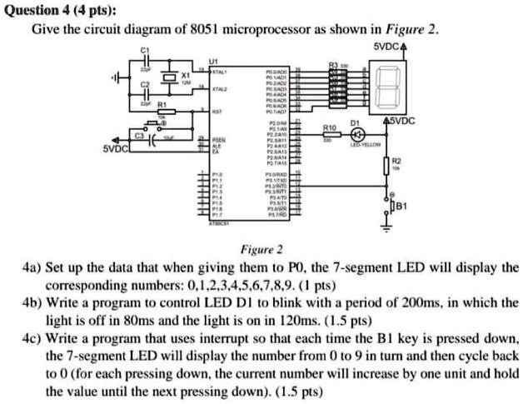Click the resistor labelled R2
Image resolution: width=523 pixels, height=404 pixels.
pos(386,167)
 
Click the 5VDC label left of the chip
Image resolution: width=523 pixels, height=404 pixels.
pos(117,149)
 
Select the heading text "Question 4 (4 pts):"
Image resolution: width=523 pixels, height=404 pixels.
pos(49,10)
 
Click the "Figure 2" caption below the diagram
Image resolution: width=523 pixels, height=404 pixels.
pos(261,248)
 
